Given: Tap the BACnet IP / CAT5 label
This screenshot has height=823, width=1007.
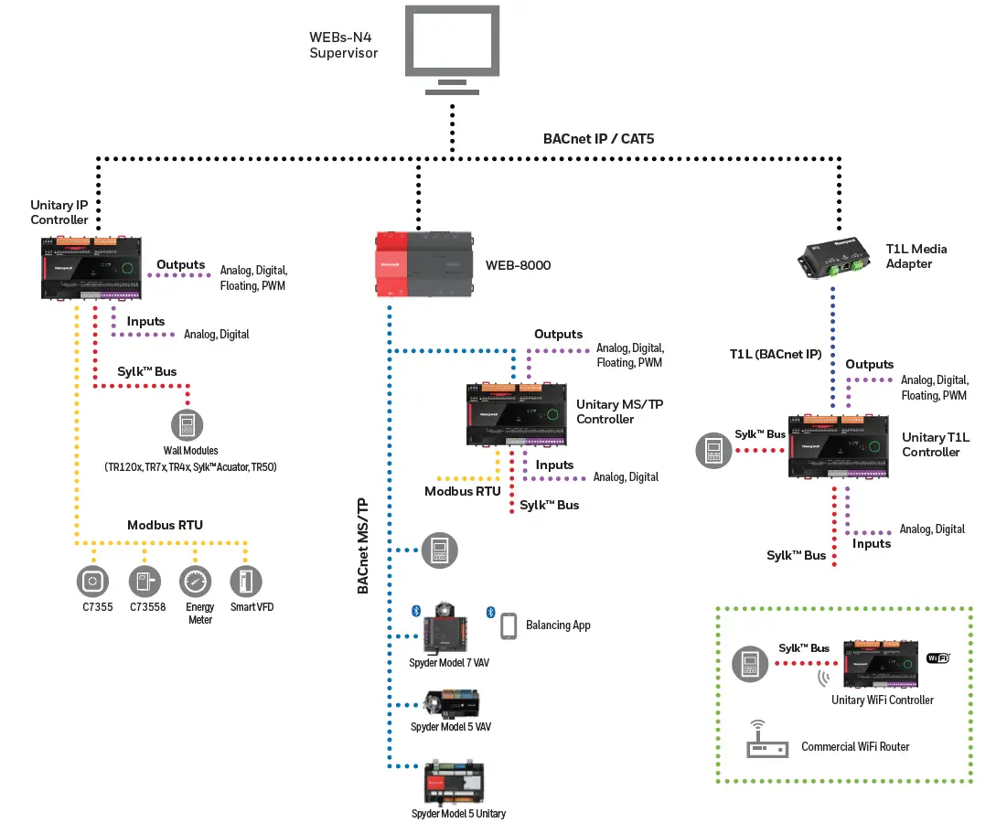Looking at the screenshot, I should click(x=599, y=139).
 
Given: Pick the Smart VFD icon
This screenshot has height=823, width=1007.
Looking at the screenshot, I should click(x=246, y=580).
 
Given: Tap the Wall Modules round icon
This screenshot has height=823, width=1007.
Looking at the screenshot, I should click(x=187, y=425).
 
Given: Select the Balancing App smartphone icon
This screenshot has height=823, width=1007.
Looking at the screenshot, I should click(x=509, y=625).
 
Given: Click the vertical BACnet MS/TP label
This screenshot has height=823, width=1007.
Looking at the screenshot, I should click(x=362, y=547).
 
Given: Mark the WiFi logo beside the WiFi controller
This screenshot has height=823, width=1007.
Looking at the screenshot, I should click(x=937, y=657).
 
